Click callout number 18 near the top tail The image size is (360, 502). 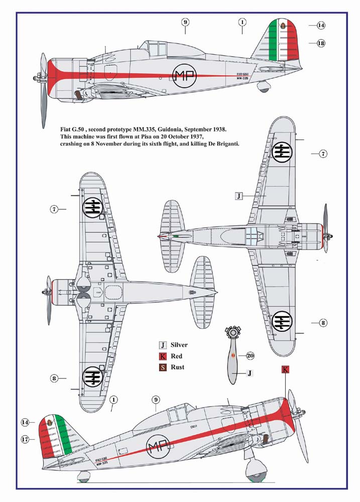321,43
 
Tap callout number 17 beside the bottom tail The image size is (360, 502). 25,439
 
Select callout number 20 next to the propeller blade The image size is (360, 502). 250,356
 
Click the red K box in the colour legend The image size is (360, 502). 163,356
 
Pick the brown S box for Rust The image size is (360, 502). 163,367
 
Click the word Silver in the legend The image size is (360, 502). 179,345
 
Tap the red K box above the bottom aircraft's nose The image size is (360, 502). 285,369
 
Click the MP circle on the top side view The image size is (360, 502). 184,76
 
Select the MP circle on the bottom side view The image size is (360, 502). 158,448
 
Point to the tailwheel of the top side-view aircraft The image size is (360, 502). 264,86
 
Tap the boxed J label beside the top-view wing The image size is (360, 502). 238,196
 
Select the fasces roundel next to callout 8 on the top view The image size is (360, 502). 282,322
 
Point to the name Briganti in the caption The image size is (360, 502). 227,144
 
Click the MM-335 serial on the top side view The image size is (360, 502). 243,78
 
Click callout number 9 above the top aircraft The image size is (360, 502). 185,22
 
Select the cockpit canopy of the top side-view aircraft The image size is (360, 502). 154,49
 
